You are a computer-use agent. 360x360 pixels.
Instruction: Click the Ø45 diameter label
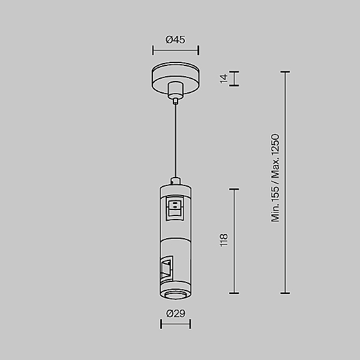coord(175,40)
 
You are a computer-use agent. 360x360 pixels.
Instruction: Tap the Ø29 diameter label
coord(176,313)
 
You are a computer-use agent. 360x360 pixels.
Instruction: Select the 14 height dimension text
coord(224,79)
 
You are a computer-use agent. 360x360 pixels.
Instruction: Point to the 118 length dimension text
coord(224,240)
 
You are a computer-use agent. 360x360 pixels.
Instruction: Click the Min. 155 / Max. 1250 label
coord(275,178)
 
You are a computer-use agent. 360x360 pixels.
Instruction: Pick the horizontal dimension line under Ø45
coord(176,50)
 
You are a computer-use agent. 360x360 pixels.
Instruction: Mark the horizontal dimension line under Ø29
coord(176,324)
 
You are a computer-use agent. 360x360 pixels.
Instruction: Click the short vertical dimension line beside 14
coord(234,79)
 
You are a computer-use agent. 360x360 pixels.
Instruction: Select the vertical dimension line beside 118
coord(234,241)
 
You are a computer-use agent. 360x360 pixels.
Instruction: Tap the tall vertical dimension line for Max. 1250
coord(285,182)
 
